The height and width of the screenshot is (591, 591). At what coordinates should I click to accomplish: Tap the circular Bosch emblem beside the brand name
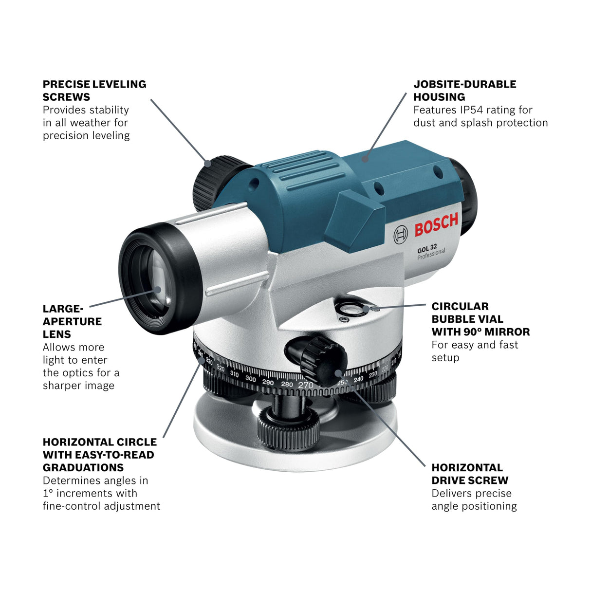401,235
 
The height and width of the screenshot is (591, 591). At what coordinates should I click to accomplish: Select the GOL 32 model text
426,249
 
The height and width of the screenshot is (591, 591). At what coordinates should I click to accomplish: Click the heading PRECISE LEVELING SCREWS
94,91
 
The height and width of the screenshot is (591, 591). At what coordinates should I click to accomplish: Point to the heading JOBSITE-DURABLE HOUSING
464,91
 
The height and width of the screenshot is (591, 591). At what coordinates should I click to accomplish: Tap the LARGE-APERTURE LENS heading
72,321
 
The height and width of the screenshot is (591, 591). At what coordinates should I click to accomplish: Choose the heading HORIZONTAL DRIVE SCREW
469,474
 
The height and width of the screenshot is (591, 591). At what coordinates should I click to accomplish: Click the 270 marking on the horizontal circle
306,385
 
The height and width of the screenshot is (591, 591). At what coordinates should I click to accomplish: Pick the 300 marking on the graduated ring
250,379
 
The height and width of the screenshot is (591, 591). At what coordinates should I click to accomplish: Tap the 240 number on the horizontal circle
358,379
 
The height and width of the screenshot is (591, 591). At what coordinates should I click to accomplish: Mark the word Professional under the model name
431,255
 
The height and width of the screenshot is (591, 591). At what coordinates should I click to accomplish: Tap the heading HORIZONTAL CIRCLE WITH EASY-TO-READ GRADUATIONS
99,455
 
